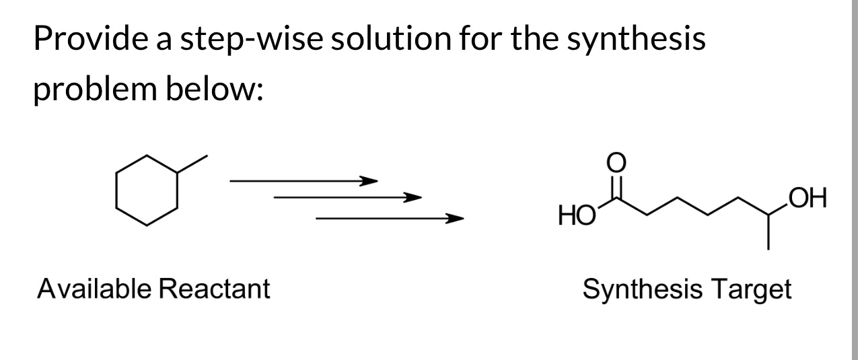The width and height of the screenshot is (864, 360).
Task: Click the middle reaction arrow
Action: (x=347, y=198)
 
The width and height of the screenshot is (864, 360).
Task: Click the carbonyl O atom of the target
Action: (x=617, y=162)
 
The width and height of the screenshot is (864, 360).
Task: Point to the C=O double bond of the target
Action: (x=617, y=184)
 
